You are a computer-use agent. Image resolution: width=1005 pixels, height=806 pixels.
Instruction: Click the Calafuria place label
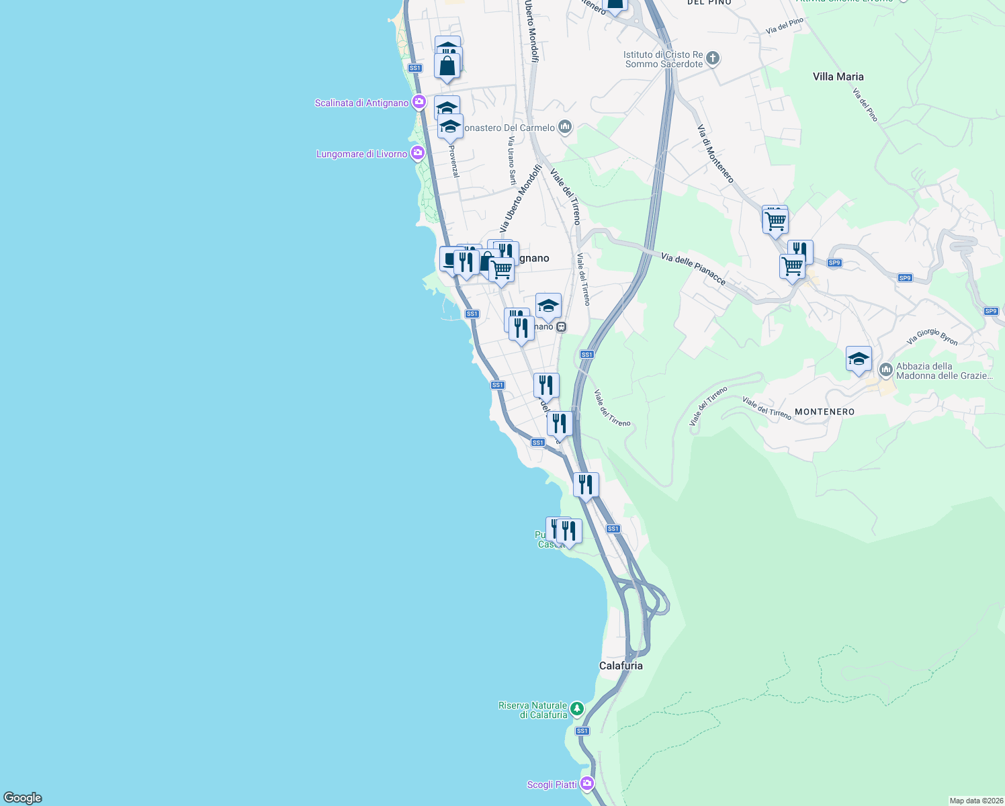point(621,666)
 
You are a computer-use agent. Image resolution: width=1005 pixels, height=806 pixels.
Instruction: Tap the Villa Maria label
point(838,77)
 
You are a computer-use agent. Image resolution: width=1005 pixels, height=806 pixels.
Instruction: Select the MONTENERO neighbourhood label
point(824,412)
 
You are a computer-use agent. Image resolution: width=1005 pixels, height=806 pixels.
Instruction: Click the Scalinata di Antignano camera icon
point(419,102)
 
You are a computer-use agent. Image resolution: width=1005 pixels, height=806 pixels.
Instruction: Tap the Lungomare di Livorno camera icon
point(417,153)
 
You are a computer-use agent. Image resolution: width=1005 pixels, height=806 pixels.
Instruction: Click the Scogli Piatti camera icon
point(586,784)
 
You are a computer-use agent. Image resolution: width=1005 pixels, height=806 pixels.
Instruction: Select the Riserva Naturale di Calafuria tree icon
point(576,709)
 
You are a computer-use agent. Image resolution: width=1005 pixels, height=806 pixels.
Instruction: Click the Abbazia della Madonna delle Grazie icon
point(885,370)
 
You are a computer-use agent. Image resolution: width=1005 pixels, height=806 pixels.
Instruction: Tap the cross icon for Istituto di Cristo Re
point(713,58)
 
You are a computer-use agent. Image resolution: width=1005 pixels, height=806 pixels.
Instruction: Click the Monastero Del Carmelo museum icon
point(565,127)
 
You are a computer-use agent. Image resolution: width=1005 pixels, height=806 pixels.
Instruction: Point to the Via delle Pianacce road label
point(693,269)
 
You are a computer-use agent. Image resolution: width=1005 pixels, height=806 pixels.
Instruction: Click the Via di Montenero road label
point(715,153)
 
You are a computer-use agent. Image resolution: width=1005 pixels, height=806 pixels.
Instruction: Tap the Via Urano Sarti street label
point(512,161)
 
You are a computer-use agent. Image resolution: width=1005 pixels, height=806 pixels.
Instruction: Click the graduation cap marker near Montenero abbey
point(859,359)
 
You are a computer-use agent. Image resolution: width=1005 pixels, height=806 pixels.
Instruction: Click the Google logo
point(23,798)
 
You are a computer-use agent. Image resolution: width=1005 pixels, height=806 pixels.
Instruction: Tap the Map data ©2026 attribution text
point(975,801)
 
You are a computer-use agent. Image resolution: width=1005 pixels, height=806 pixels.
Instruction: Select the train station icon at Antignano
point(561,327)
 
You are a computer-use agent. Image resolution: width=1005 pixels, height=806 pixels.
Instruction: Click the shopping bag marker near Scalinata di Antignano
point(447,66)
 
